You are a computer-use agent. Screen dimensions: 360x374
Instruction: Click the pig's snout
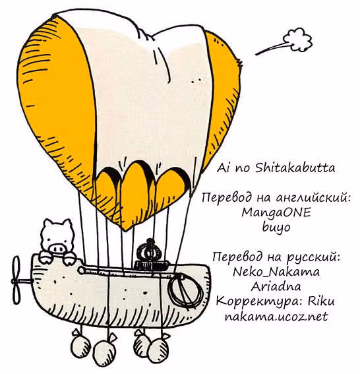point(57,248)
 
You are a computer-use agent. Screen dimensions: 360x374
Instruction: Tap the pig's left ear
point(48,224)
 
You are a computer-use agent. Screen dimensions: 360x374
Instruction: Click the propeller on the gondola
point(16,280)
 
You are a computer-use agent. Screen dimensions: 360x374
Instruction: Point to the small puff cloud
point(297,40)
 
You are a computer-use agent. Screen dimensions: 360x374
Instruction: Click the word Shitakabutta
point(295,168)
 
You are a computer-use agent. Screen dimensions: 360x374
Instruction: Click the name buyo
point(276,227)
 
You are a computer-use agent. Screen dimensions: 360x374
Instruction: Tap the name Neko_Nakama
point(276,272)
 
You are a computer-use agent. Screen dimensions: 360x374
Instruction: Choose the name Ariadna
point(276,286)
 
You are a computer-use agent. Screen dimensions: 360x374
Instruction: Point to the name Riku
point(321,301)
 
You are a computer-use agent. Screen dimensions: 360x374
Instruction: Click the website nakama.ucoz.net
point(276,317)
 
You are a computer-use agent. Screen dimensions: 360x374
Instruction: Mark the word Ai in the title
point(222,168)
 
